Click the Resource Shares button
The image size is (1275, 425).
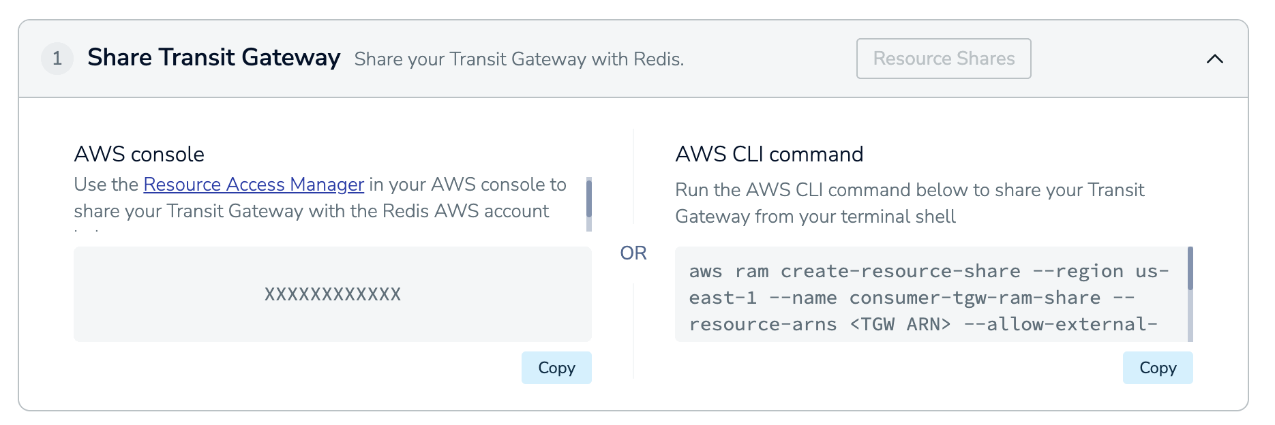[x=943, y=59]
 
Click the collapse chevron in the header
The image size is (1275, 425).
[x=1214, y=59]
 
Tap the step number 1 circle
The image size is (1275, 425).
[x=57, y=59]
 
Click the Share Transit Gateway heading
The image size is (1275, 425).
[x=213, y=58]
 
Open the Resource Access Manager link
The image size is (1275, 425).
[x=254, y=185]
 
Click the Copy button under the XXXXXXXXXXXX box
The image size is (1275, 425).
[x=556, y=368]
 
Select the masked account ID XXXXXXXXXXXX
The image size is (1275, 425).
[x=333, y=294]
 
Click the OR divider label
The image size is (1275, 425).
[x=633, y=253]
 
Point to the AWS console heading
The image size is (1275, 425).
[x=139, y=154]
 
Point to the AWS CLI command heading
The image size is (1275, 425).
[x=769, y=154]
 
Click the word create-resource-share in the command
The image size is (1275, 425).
[x=900, y=271]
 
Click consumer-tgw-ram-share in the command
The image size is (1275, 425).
[x=975, y=298]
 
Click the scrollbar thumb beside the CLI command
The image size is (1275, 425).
[x=1190, y=268]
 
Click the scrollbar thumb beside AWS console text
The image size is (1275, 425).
[x=588, y=198]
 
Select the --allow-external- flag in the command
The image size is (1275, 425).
[x=1060, y=324]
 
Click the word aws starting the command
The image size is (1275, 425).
[x=705, y=271]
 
